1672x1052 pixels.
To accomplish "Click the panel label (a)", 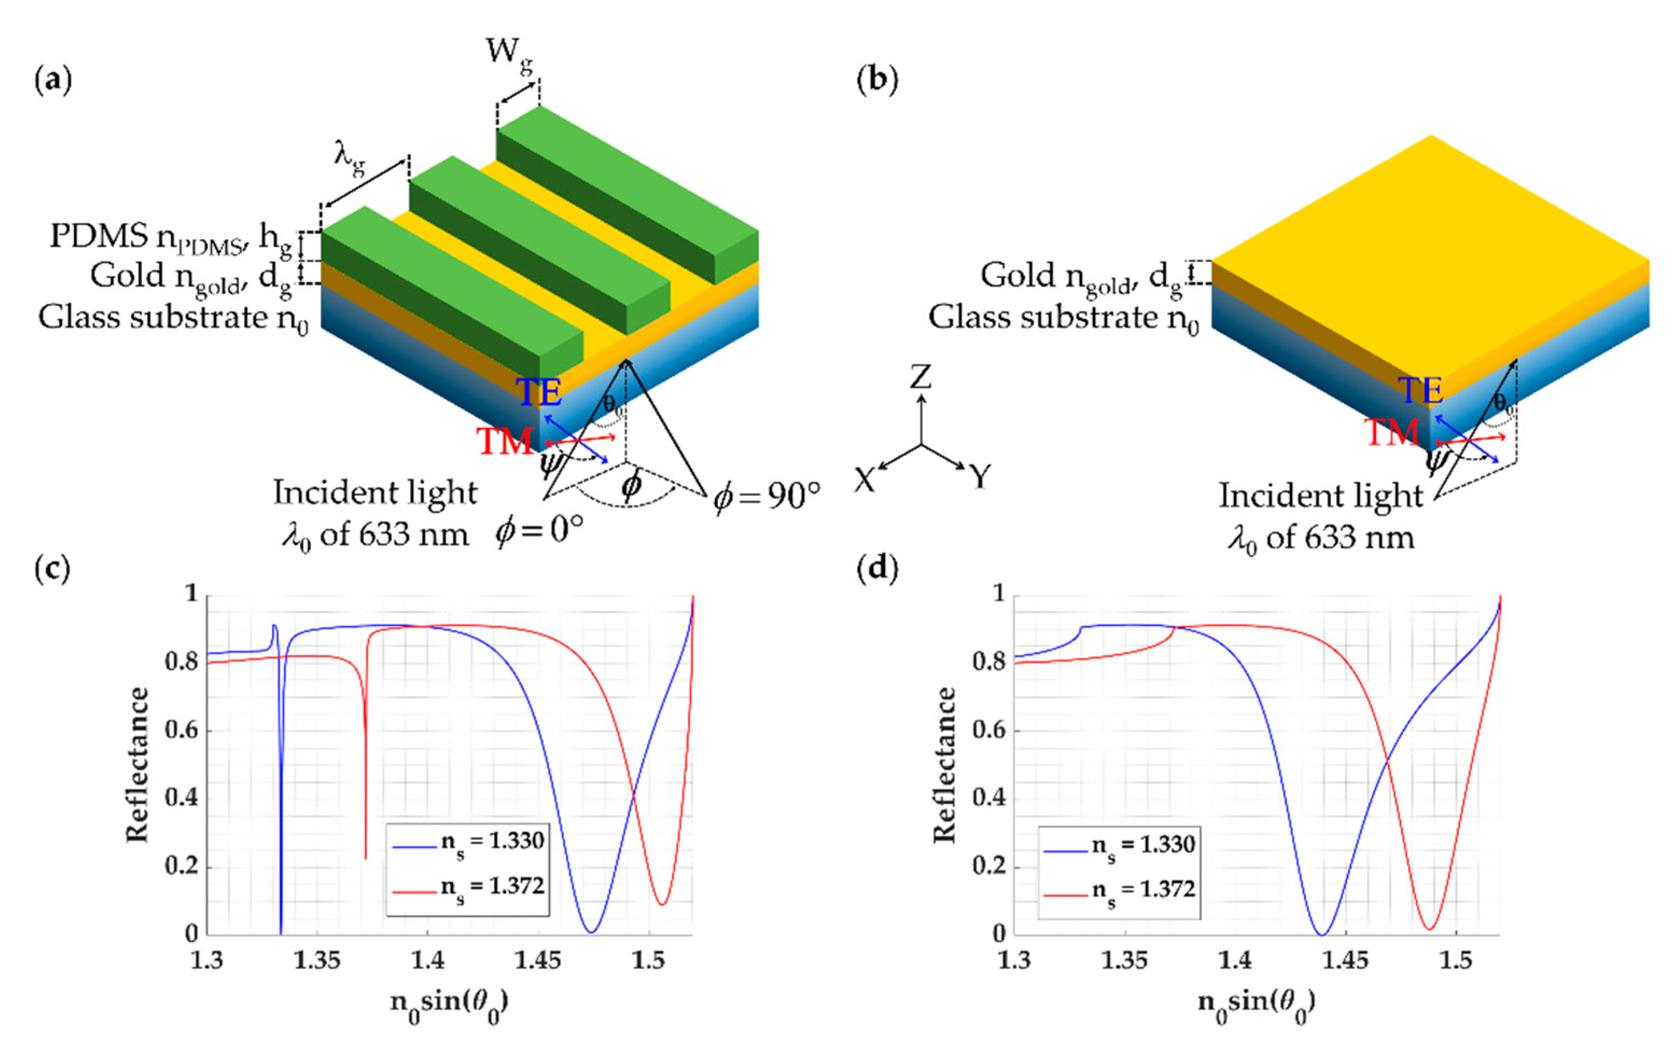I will [x=53, y=81].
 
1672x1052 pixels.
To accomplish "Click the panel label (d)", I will [x=878, y=568].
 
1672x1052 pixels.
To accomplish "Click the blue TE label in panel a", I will [x=539, y=392].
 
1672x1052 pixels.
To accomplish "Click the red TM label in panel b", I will [x=1392, y=432].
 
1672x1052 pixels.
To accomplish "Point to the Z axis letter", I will [x=921, y=377].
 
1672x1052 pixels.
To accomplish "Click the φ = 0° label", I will [x=540, y=531].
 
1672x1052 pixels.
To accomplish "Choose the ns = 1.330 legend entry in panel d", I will [x=1143, y=845].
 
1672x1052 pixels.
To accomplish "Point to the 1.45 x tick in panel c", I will [x=538, y=960].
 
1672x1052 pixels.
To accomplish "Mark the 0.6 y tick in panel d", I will [x=989, y=730].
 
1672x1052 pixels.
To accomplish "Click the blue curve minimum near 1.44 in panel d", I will [x=1321, y=934].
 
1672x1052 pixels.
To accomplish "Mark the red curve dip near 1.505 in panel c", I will [x=662, y=904].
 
